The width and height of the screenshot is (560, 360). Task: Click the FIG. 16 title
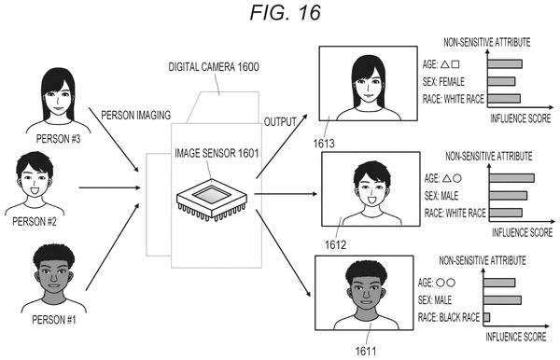pos(285,12)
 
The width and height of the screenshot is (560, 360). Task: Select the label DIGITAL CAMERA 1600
pos(214,67)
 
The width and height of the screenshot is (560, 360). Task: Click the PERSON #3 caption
pos(58,139)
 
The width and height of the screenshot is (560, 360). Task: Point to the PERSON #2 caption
pos(35,222)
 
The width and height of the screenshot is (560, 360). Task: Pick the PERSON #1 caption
pos(54,320)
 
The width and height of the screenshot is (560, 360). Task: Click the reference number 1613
pos(324,144)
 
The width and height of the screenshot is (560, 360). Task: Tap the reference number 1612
pos(335,244)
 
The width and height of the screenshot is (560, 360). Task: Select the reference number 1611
pos(366,352)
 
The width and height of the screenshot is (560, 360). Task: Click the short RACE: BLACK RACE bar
pos(486,317)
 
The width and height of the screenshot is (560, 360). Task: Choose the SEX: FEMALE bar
pos(501,81)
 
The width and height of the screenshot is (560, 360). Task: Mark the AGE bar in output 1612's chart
pos(511,178)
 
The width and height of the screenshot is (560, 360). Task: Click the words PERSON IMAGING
pos(136,116)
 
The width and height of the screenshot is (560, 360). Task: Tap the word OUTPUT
pos(280,122)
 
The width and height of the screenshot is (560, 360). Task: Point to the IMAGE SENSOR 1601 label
pos(217,153)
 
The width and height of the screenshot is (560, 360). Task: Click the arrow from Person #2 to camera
pos(109,187)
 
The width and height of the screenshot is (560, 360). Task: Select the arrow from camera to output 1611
pos(283,253)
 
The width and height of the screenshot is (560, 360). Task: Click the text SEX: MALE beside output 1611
pos(435,300)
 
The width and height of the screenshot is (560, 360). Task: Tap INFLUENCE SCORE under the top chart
pos(521,118)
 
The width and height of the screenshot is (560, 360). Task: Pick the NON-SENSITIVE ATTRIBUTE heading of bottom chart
pos(483,260)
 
